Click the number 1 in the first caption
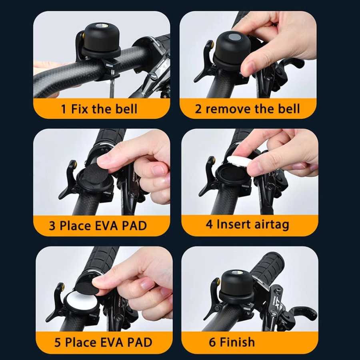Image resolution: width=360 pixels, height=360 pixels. (x=64, y=109)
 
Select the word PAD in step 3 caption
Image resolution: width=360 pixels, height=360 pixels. (x=134, y=226)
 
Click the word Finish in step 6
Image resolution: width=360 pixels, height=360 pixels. (x=237, y=342)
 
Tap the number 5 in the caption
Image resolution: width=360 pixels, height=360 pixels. (x=57, y=342)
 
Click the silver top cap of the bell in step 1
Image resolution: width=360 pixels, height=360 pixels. (x=100, y=26)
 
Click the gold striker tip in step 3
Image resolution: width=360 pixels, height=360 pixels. (x=74, y=164)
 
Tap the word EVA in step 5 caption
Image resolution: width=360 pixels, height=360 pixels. (x=112, y=342)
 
